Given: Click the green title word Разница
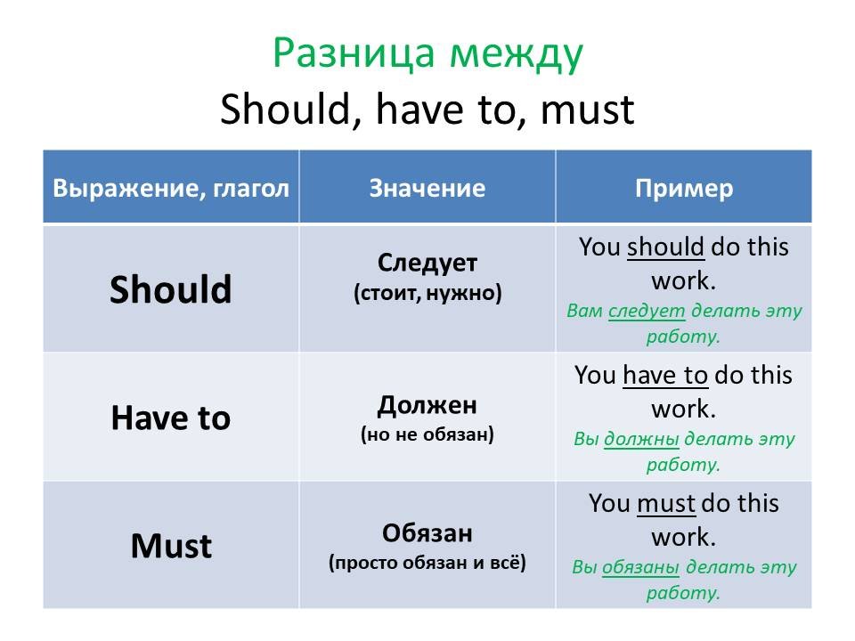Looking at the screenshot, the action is tap(354, 54).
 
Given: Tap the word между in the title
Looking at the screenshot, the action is tap(517, 55).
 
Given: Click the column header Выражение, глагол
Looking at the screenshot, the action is tap(171, 189).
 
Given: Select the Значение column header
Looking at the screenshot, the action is tap(427, 188).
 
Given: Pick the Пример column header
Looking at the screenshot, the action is tap(684, 189).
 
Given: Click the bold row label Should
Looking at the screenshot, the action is tap(171, 288).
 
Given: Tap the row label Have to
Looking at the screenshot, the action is tap(171, 418).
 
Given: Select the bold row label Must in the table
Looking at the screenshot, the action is tap(171, 546).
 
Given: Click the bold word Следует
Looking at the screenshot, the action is tap(427, 263).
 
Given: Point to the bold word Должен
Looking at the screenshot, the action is tap(427, 406).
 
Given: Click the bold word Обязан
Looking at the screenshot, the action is tap(427, 533).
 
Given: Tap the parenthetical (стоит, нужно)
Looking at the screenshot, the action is tap(427, 293).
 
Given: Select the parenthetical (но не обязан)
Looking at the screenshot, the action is tap(427, 434).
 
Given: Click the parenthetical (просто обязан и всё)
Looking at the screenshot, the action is tap(427, 563).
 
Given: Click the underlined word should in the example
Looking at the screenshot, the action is tap(665, 247).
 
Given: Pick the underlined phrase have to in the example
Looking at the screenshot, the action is tap(665, 375).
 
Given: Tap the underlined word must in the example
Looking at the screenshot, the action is tap(666, 504).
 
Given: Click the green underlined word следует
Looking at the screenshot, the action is tap(647, 311).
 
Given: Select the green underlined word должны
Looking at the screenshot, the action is tap(642, 439).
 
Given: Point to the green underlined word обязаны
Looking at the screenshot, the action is tap(640, 567).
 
